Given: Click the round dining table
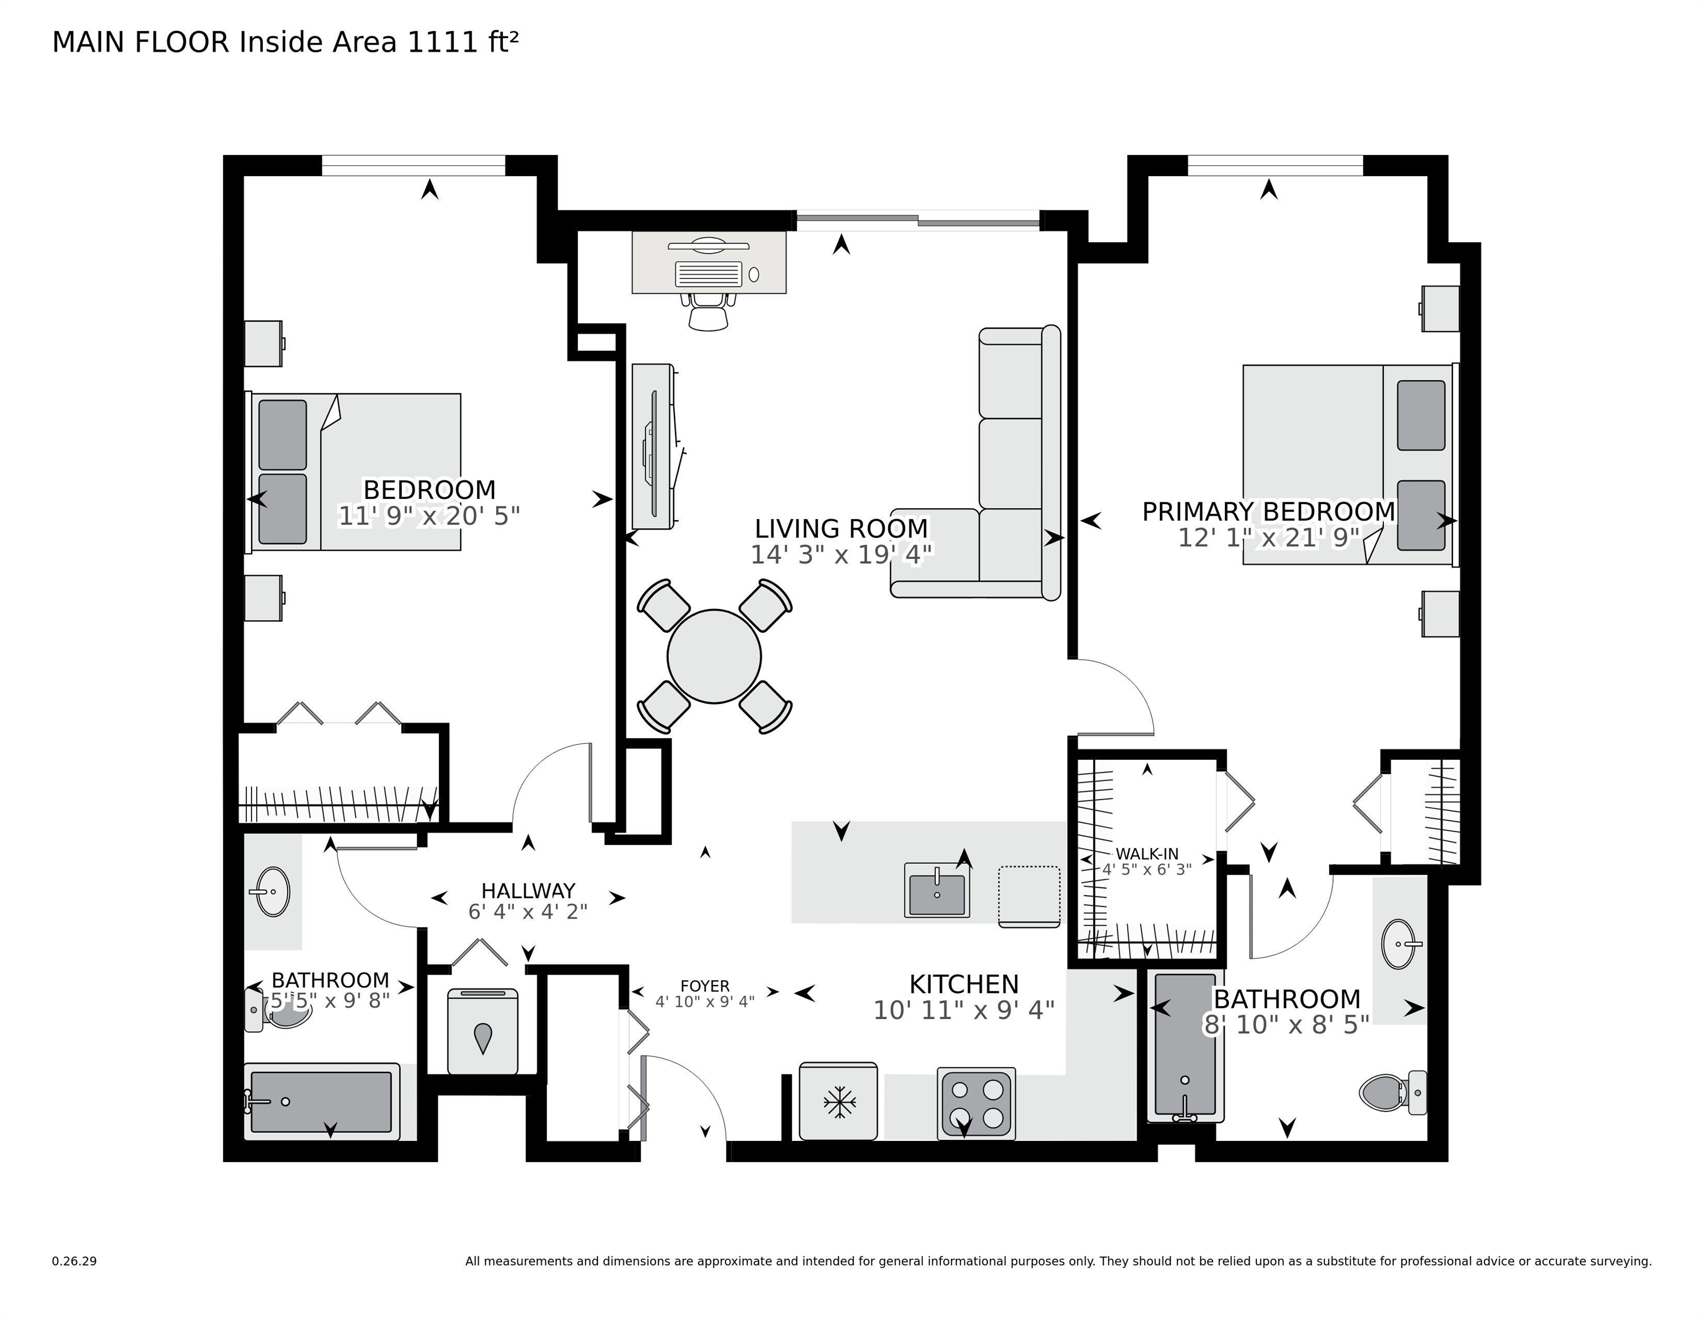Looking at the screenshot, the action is [714, 656].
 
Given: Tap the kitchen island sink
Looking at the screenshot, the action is [936, 890].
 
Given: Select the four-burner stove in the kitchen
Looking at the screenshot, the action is [976, 1103].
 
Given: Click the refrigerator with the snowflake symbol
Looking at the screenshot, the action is [839, 1101].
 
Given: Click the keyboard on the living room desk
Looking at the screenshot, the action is [708, 274].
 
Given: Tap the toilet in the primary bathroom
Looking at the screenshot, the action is [1394, 1092].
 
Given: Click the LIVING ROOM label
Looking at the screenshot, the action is [841, 528].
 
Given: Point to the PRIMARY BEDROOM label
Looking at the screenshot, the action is [1268, 511].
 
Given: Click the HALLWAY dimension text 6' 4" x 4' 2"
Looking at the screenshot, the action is [528, 911].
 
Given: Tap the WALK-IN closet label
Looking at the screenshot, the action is [1147, 853].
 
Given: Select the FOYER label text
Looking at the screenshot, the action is [705, 986].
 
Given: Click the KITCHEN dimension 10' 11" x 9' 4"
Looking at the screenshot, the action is [964, 1011].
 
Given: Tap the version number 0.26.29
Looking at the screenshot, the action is [74, 1261].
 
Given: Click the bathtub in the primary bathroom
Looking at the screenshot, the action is [1185, 1046].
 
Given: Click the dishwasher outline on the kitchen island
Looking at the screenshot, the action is [1029, 896].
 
